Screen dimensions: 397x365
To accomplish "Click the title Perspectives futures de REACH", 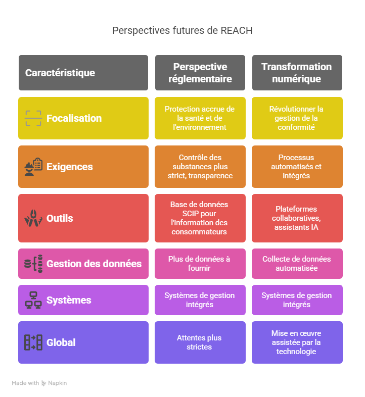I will tap(182, 31).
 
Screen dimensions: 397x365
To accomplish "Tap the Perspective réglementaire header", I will tap(200, 73).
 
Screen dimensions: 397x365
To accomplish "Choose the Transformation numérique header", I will tap(297, 73).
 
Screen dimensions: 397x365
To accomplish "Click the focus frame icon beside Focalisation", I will tap(33, 118).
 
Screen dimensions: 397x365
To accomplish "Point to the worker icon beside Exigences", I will tap(33, 167).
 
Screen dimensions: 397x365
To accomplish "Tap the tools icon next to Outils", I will tap(33, 218).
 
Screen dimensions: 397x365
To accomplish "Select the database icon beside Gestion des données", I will tap(33, 264).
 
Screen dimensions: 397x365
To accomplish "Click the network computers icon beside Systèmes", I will tap(33, 300).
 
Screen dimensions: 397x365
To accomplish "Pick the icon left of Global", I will tap(33, 342).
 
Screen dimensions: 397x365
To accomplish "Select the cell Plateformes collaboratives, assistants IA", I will tap(296, 218).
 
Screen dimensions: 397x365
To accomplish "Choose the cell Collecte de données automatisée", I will tap(296, 264).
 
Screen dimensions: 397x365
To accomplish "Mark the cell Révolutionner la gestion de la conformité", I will tap(296, 118).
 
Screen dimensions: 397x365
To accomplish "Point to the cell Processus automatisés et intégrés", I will tap(296, 167).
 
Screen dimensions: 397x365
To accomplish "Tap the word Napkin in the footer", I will tap(58, 383).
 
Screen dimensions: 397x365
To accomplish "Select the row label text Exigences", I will tap(70, 167).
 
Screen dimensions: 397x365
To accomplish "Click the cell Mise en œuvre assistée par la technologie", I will tap(296, 342).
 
